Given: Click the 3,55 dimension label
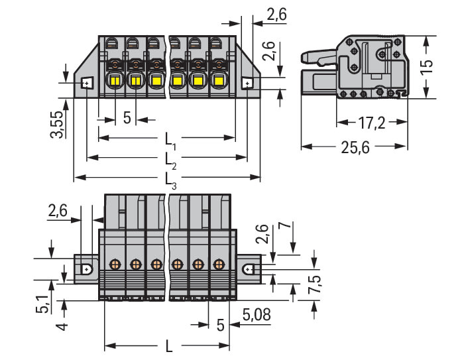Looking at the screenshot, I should [x=58, y=124].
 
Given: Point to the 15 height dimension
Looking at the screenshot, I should [x=428, y=66].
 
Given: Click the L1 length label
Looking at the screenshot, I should [x=171, y=141].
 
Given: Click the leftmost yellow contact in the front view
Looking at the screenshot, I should [x=114, y=82].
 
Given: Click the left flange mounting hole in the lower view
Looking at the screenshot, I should [x=87, y=270].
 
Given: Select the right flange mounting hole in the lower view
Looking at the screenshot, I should [x=248, y=270].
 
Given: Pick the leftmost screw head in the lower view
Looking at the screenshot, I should [x=114, y=264].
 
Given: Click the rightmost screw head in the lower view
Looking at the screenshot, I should [x=218, y=264].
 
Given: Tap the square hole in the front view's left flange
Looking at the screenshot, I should [x=86, y=84].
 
